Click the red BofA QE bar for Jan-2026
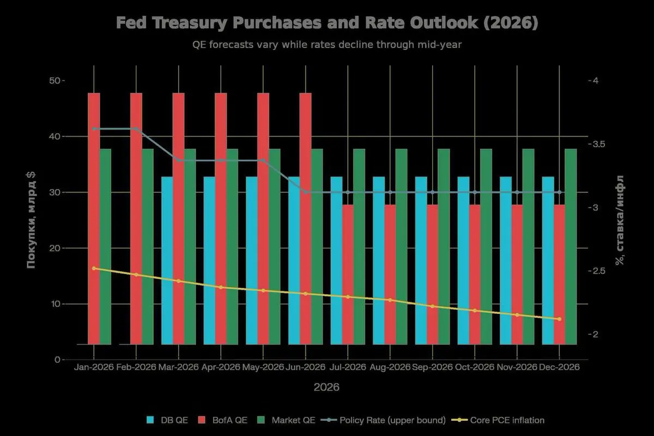point(94,218)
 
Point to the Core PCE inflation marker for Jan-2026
point(94,268)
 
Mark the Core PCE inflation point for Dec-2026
point(559,319)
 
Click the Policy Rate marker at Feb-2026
point(136,129)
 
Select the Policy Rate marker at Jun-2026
point(305,192)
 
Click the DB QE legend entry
point(163,420)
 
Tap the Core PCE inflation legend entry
point(501,420)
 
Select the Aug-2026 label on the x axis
point(390,367)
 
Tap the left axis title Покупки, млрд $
point(32,219)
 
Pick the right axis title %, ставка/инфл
point(620,220)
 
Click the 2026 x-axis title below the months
point(326,387)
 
